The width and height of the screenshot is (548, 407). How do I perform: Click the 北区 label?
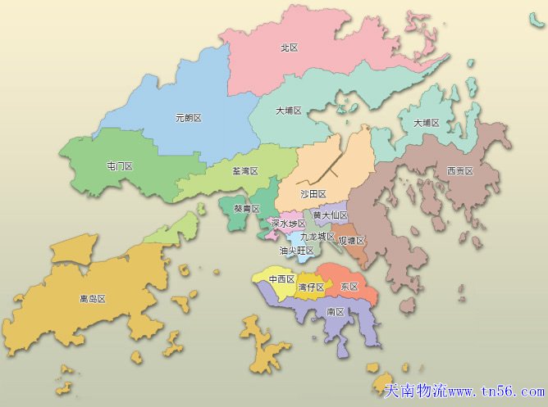(x=289, y=48)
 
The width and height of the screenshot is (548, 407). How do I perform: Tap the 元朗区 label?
(x=188, y=118)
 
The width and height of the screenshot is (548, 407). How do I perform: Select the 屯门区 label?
(x=120, y=166)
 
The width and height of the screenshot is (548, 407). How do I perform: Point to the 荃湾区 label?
(x=245, y=172)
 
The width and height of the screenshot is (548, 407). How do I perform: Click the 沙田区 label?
(x=313, y=194)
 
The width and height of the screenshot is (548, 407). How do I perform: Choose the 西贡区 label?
(x=459, y=171)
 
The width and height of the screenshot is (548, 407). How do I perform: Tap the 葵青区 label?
(x=246, y=209)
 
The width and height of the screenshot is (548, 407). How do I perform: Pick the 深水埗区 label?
(x=288, y=224)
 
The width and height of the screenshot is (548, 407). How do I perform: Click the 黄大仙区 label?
(x=331, y=215)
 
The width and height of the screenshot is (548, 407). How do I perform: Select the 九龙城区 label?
(x=317, y=237)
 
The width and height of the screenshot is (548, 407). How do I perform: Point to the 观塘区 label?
(x=351, y=241)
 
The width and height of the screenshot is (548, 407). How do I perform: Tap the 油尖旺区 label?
(x=297, y=251)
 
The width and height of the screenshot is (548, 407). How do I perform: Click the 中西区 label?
(x=282, y=279)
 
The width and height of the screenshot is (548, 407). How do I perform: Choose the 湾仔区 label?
(x=311, y=287)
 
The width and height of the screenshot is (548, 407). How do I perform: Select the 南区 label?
(x=335, y=312)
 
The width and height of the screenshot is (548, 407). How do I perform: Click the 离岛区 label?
(x=93, y=299)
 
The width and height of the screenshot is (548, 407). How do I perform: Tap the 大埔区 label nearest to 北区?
(x=289, y=111)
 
